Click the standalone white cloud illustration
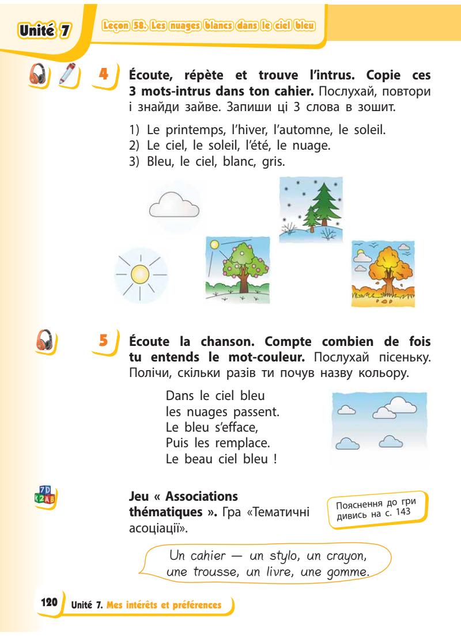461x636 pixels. click(173, 205)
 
